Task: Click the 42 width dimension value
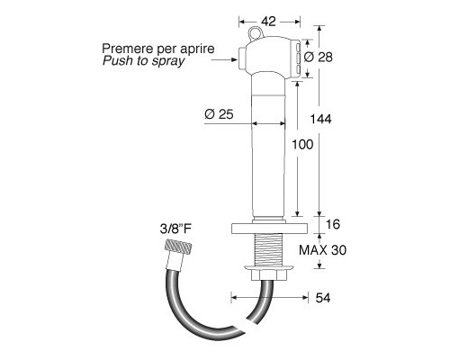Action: (x=268, y=22)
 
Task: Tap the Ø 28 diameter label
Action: (x=319, y=57)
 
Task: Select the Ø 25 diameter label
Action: (x=219, y=114)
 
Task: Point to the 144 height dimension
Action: (x=320, y=119)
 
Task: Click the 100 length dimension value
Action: (x=302, y=145)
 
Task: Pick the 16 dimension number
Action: (x=333, y=224)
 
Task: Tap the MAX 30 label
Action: (x=323, y=250)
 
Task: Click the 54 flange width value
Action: (x=323, y=298)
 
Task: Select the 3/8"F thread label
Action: (x=175, y=229)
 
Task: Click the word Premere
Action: (x=124, y=49)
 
